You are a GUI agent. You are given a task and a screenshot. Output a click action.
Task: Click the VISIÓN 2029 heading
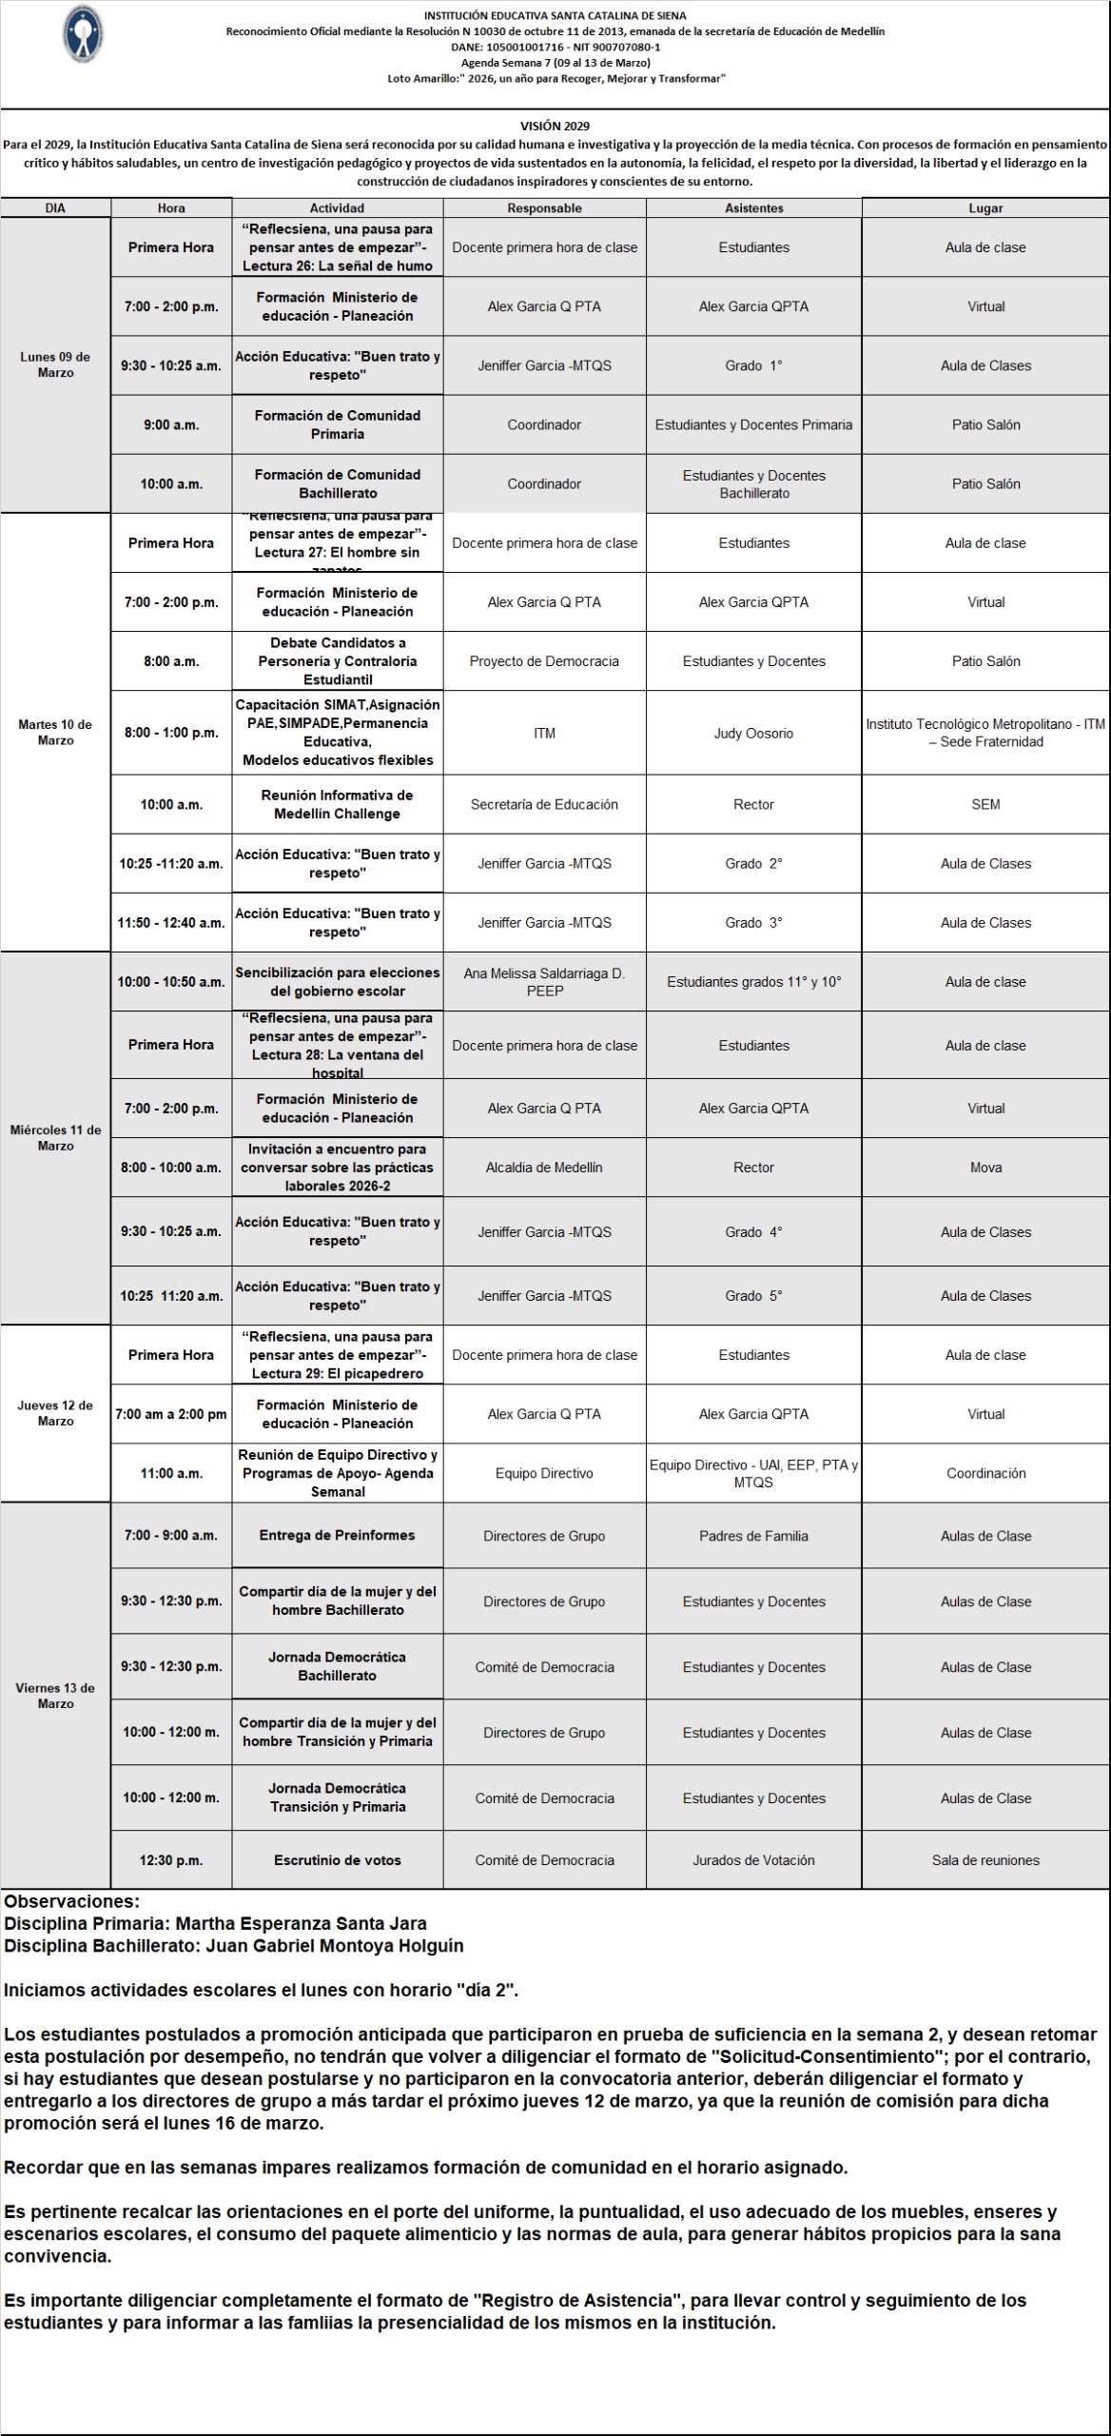pos(555,126)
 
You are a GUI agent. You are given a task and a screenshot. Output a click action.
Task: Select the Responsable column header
pos(544,208)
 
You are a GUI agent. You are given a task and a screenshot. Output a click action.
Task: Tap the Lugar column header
pos(985,208)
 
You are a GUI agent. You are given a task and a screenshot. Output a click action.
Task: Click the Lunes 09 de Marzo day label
pos(55,364)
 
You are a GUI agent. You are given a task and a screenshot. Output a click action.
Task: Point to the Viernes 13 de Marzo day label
pos(55,1696)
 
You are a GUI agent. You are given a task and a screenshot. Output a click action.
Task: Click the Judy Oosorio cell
pos(753,733)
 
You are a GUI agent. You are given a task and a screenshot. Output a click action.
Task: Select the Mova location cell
pos(985,1168)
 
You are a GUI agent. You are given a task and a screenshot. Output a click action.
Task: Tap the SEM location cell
pos(985,804)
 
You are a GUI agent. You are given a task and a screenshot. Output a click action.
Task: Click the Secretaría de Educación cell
pos(544,804)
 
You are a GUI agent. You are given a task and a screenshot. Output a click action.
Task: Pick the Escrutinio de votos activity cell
pos(338,1860)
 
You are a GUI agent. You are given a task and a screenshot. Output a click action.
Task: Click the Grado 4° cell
pos(753,1232)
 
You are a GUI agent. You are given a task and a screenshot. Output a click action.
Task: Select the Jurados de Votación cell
pos(753,1860)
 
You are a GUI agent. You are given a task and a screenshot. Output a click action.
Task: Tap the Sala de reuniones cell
pos(985,1860)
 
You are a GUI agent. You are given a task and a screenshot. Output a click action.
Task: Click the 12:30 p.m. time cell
pos(171,1860)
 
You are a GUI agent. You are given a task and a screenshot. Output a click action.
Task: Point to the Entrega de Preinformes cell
pos(338,1535)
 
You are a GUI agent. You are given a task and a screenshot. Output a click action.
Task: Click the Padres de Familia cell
pos(753,1536)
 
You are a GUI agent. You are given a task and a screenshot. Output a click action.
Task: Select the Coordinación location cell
pos(985,1473)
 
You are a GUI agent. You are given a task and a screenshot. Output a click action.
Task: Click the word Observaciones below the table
pos(71,1902)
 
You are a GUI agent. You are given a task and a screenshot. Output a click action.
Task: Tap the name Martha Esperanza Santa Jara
pos(301,1924)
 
